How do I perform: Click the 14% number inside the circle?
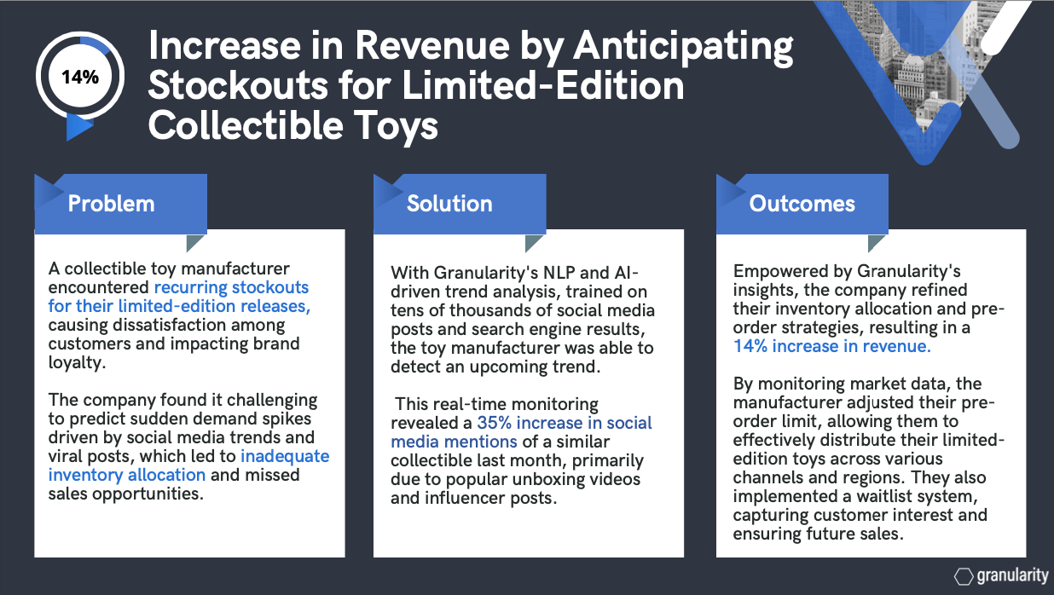pyautogui.click(x=80, y=77)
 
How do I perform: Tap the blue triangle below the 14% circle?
pyautogui.click(x=78, y=127)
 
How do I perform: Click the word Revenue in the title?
pyautogui.click(x=432, y=46)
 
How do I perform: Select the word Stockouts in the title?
pyautogui.click(x=238, y=85)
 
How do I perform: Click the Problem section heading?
pyautogui.click(x=111, y=204)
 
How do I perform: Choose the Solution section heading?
pyautogui.click(x=449, y=204)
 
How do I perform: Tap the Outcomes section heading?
pyautogui.click(x=802, y=204)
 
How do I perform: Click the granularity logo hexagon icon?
pyautogui.click(x=964, y=576)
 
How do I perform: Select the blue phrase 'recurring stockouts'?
pyautogui.click(x=231, y=287)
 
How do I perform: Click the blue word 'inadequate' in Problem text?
pyautogui.click(x=285, y=456)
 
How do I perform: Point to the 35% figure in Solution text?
pyautogui.click(x=494, y=422)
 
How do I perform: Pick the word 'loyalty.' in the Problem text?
pyautogui.click(x=77, y=362)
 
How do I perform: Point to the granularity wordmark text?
pyautogui.click(x=1012, y=576)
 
